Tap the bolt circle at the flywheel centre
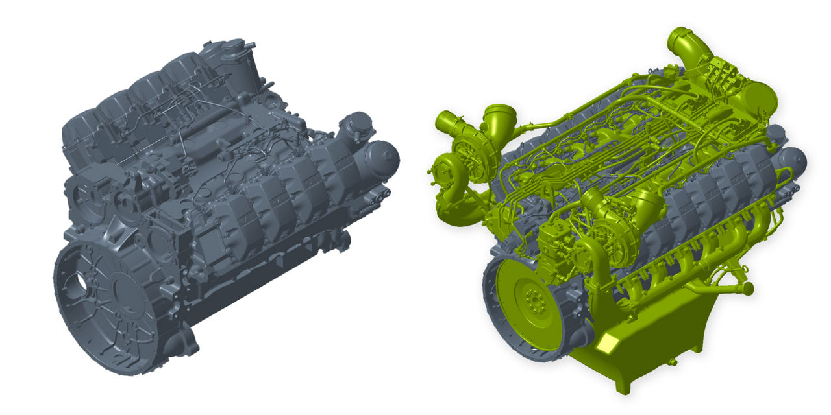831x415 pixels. point(534,300)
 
